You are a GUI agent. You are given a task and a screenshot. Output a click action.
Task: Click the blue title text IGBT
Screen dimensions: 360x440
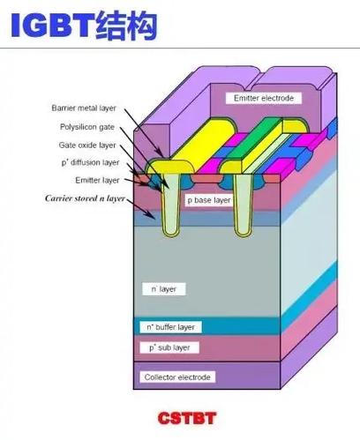pos(52,26)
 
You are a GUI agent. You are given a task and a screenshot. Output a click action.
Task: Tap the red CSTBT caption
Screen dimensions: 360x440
pos(187,418)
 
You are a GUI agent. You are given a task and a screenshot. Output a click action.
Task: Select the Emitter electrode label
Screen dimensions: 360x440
pos(264,98)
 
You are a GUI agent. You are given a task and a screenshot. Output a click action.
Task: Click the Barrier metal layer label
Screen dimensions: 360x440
pos(84,108)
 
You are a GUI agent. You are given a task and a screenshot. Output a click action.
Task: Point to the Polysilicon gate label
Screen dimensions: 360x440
pos(87,127)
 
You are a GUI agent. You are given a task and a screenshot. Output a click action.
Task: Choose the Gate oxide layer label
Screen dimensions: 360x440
pos(87,145)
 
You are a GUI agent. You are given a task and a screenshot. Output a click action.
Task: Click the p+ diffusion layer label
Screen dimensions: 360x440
pos(90,162)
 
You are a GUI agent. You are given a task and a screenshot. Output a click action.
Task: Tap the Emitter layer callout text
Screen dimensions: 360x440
pos(97,180)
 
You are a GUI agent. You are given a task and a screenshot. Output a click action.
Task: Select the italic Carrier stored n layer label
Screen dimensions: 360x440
pos(85,198)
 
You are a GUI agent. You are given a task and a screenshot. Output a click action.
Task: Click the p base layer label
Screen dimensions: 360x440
pos(209,200)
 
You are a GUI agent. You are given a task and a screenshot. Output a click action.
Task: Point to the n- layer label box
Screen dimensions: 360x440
pos(164,289)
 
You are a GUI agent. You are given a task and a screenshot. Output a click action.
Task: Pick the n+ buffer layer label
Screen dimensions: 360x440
pos(170,327)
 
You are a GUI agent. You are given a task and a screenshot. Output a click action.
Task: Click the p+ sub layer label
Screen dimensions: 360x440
pos(169,347)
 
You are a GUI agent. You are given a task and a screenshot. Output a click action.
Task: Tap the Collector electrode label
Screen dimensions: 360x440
pos(177,377)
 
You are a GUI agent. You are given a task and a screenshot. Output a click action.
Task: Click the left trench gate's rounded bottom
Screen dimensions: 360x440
pos(170,233)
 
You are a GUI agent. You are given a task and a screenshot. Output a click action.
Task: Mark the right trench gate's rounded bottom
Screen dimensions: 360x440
pos(244,233)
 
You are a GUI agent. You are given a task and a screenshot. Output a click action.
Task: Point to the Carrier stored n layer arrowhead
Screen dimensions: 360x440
pos(153,217)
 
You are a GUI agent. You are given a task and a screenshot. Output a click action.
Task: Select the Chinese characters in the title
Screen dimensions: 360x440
pos(126,26)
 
